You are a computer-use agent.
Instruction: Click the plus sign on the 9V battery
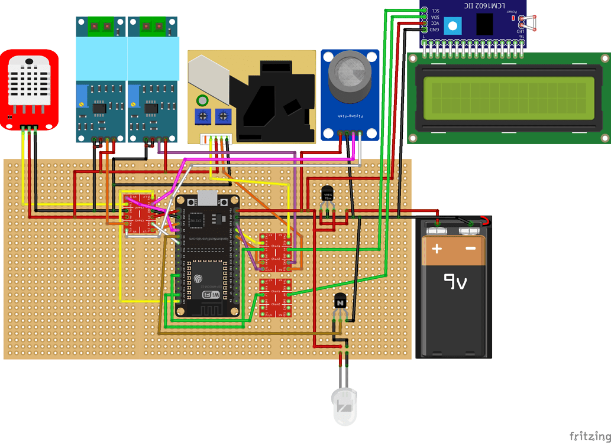click(437, 249)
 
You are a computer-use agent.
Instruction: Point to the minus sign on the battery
click(471, 249)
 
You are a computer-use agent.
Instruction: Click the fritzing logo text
click(589, 436)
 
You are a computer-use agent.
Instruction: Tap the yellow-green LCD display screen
click(509, 98)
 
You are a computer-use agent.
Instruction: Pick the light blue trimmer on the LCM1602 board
click(452, 26)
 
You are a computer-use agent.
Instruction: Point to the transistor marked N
click(340, 302)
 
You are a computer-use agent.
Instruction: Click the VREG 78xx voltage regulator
click(327, 194)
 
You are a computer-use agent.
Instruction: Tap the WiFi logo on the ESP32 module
click(214, 294)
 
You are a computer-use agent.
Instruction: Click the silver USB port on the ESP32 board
click(208, 198)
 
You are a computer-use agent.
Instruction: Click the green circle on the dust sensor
click(202, 100)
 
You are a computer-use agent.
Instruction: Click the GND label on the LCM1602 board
click(435, 29)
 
